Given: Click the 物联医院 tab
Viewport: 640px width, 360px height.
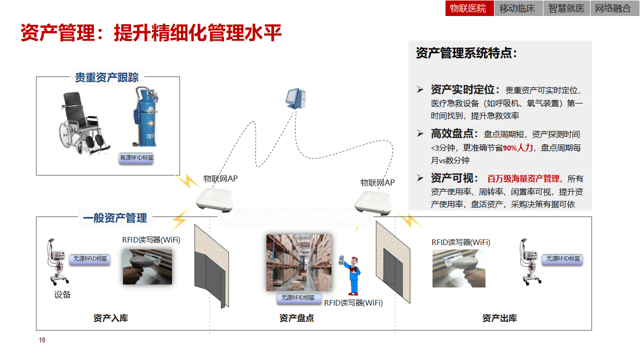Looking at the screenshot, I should tap(468, 8).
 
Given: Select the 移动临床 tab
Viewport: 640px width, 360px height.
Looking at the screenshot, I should tap(517, 8).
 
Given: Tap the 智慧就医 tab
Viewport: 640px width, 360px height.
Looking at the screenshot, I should tap(566, 8).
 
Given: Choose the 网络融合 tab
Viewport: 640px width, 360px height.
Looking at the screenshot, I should tap(613, 8).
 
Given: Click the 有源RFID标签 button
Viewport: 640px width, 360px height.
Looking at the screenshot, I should tap(136, 158).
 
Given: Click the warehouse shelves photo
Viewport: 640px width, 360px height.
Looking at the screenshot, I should tap(298, 262).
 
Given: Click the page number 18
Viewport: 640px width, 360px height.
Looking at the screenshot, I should tap(42, 340).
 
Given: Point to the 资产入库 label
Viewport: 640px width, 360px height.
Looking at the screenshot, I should tap(110, 318).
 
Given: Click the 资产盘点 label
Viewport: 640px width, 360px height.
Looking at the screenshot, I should tap(296, 318).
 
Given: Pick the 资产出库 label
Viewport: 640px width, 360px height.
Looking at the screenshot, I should tap(499, 318).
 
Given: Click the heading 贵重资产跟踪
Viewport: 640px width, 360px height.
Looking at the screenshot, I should tap(106, 77).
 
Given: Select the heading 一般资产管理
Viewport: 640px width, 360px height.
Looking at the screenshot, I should tap(115, 218).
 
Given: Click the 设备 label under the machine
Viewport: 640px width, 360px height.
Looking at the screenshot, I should tap(62, 295).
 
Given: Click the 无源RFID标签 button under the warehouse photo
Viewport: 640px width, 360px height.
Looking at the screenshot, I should tap(298, 298).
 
